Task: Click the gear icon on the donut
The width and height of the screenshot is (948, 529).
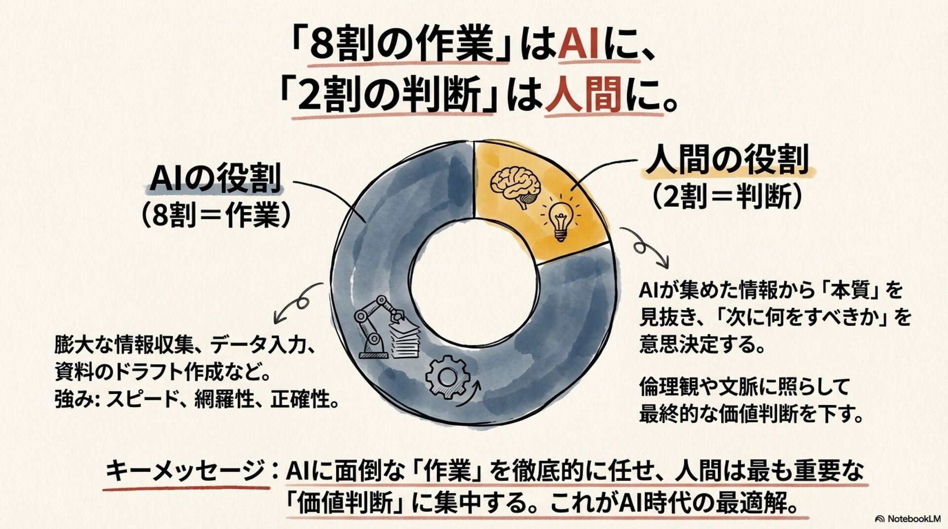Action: point(447,378)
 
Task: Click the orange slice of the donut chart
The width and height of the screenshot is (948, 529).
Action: point(543,197)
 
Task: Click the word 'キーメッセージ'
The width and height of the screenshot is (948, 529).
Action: point(185,471)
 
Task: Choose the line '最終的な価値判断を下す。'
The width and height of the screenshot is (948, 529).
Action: point(751,415)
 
